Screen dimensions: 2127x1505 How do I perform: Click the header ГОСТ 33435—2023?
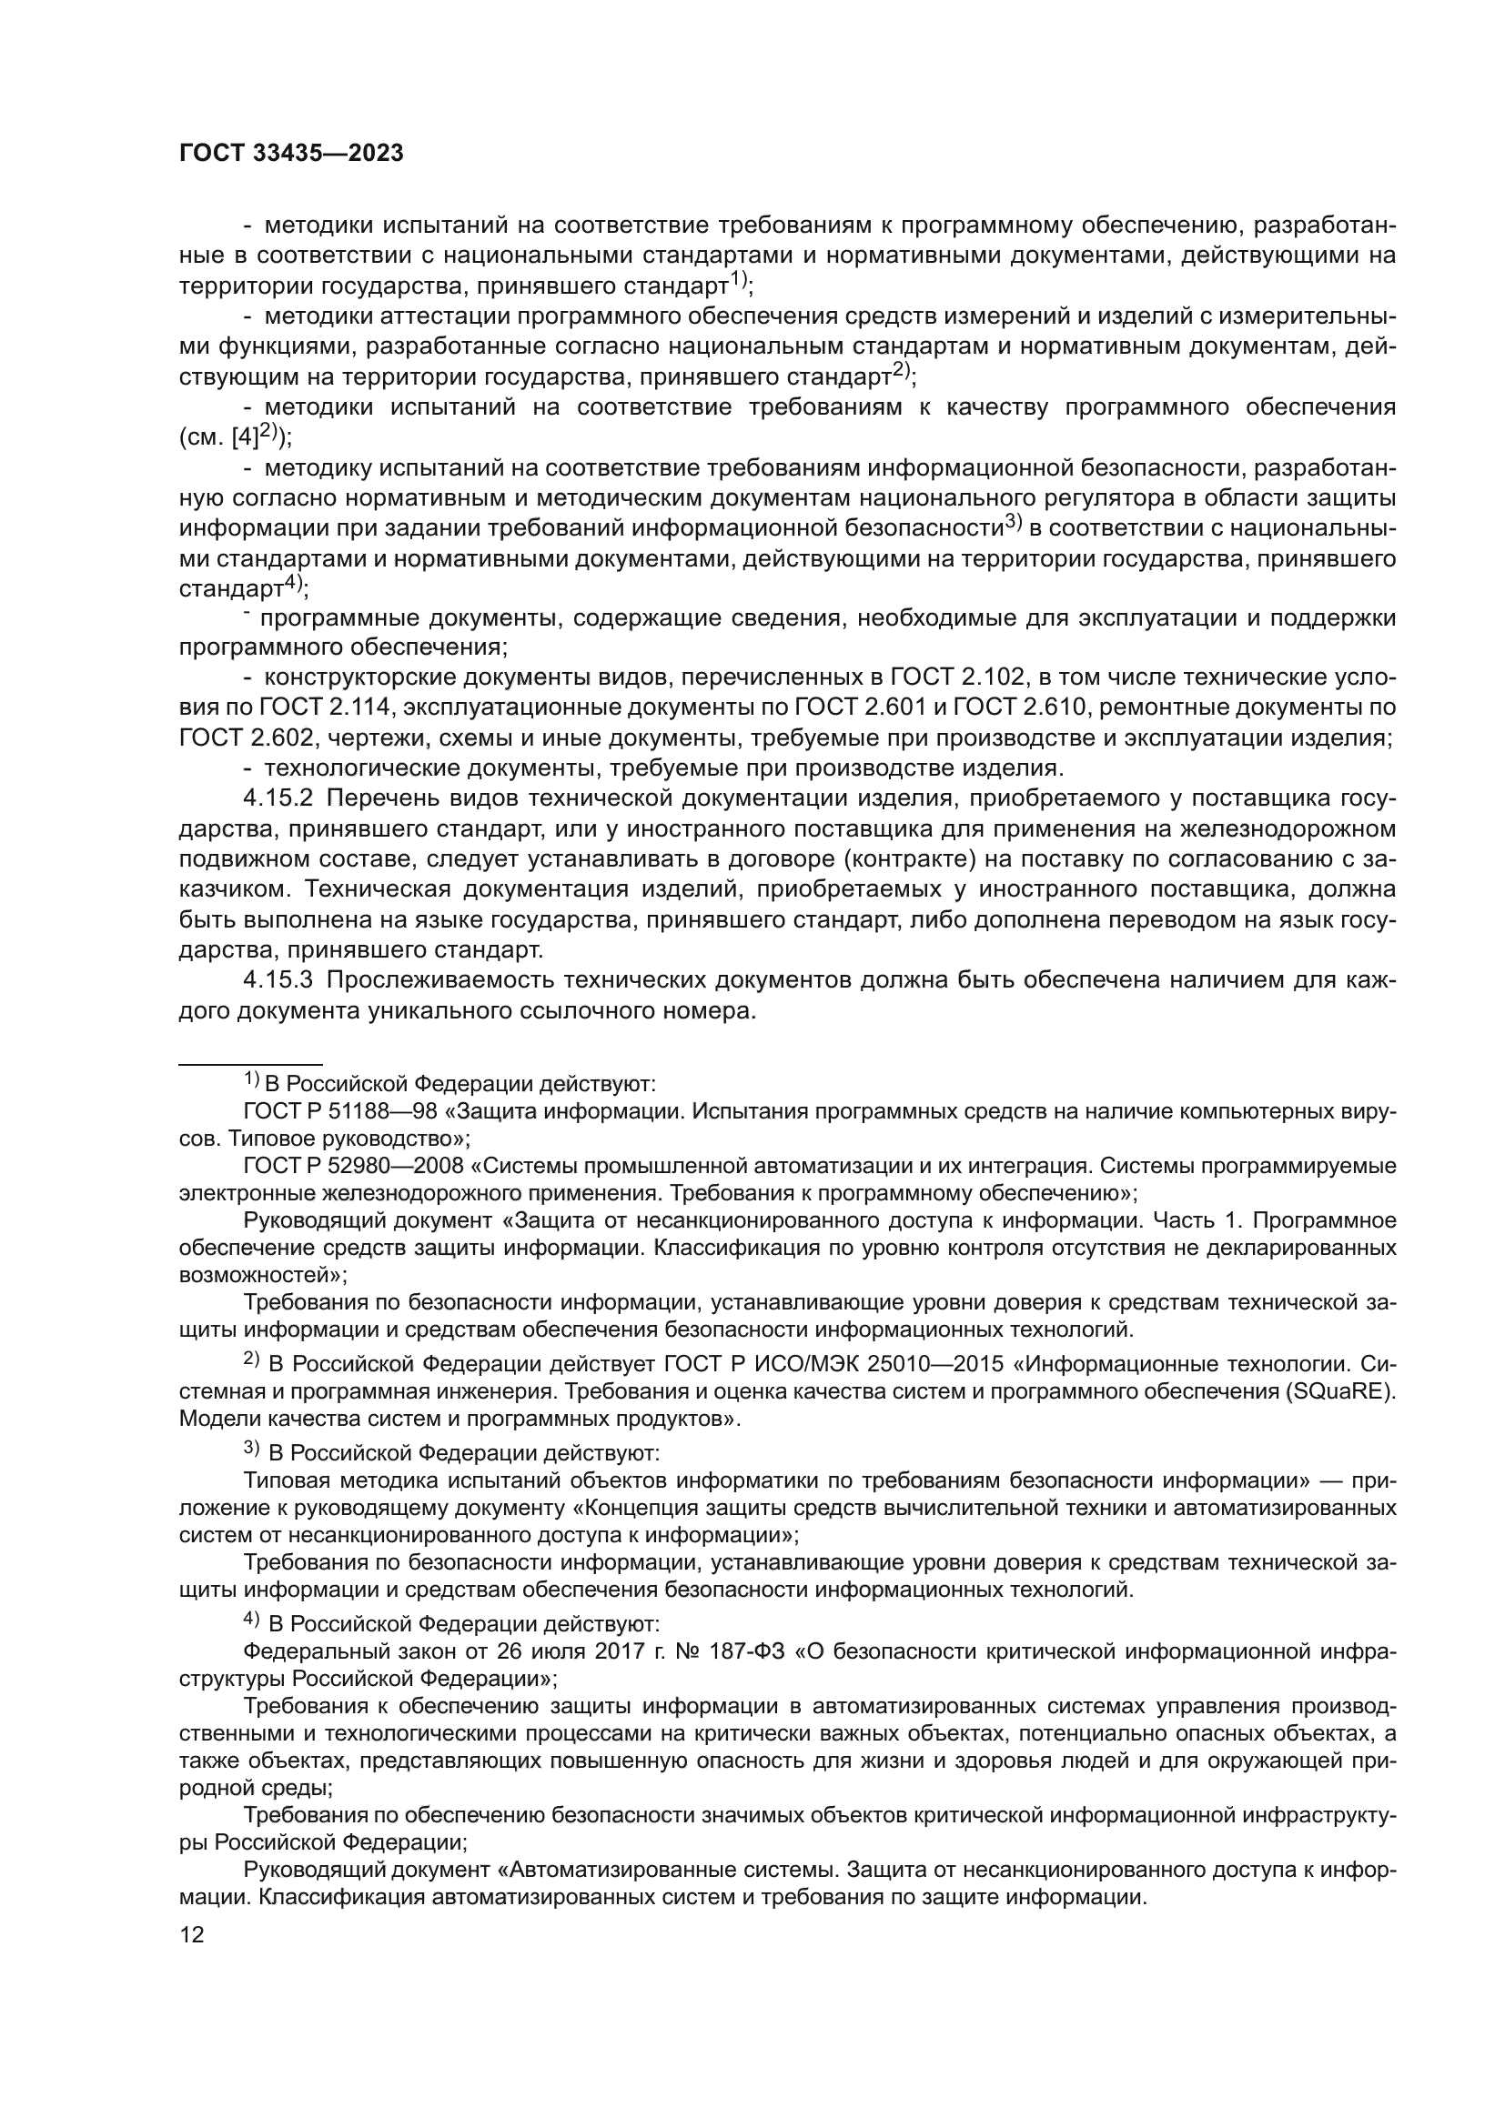291,154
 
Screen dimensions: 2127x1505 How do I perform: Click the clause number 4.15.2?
278,798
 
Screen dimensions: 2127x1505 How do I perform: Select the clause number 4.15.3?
278,980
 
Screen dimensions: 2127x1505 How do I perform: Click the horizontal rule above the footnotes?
250,1065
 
